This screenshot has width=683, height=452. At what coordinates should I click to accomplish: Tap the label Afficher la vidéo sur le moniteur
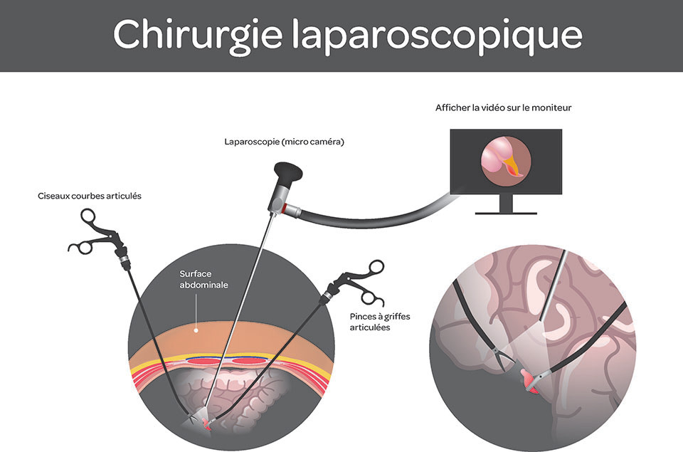pyautogui.click(x=504, y=107)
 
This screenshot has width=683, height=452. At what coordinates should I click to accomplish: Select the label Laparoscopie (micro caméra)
pyautogui.click(x=284, y=142)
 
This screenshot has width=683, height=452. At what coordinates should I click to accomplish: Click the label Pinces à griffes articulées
pyautogui.click(x=381, y=322)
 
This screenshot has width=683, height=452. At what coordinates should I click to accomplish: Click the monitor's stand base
pyautogui.click(x=506, y=213)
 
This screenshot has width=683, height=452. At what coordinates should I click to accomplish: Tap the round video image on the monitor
pyautogui.click(x=505, y=159)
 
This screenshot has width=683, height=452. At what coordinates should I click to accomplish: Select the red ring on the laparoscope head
pyautogui.click(x=285, y=207)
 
